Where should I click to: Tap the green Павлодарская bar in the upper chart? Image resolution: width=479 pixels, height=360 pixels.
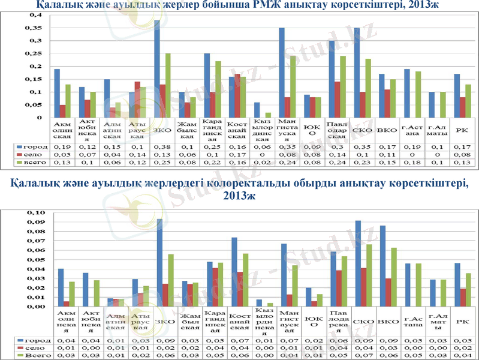pyautogui.click(x=343, y=86)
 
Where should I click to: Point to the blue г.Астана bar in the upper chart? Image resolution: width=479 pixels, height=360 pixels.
pyautogui.click(x=407, y=93)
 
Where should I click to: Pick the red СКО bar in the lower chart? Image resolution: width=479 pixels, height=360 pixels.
pyautogui.click(x=363, y=287)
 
